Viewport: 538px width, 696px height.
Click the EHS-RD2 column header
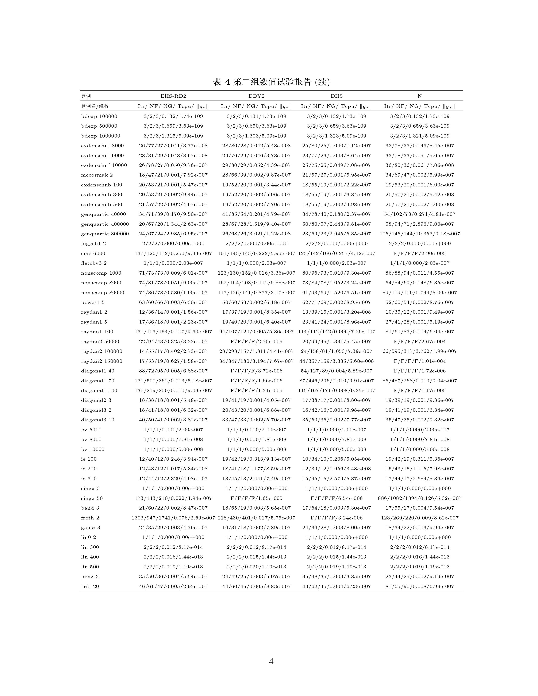coord(173,96)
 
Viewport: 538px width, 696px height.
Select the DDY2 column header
coord(256,96)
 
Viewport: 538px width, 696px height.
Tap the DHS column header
coord(337,96)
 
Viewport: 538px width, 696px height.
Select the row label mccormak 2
coord(97,175)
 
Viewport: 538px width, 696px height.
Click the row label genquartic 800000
coord(105,234)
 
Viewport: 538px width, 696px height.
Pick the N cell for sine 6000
coord(419,253)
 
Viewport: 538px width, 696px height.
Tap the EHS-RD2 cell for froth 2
coord(173,518)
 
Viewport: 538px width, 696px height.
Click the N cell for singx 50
coord(419,498)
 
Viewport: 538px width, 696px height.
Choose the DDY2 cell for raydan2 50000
coord(256,341)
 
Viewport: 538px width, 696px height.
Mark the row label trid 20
coord(90,586)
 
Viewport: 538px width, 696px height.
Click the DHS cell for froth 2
coord(337,518)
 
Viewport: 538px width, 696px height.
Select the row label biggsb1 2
coord(93,243)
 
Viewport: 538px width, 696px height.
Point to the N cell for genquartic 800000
coord(419,234)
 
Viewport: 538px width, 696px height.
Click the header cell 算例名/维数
coord(95,106)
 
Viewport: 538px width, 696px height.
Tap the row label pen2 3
coord(90,576)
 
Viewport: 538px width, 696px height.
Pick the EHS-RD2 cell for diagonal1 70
coord(173,380)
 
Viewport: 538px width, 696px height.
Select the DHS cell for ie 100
coord(337,459)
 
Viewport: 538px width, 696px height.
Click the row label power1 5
coord(93,302)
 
